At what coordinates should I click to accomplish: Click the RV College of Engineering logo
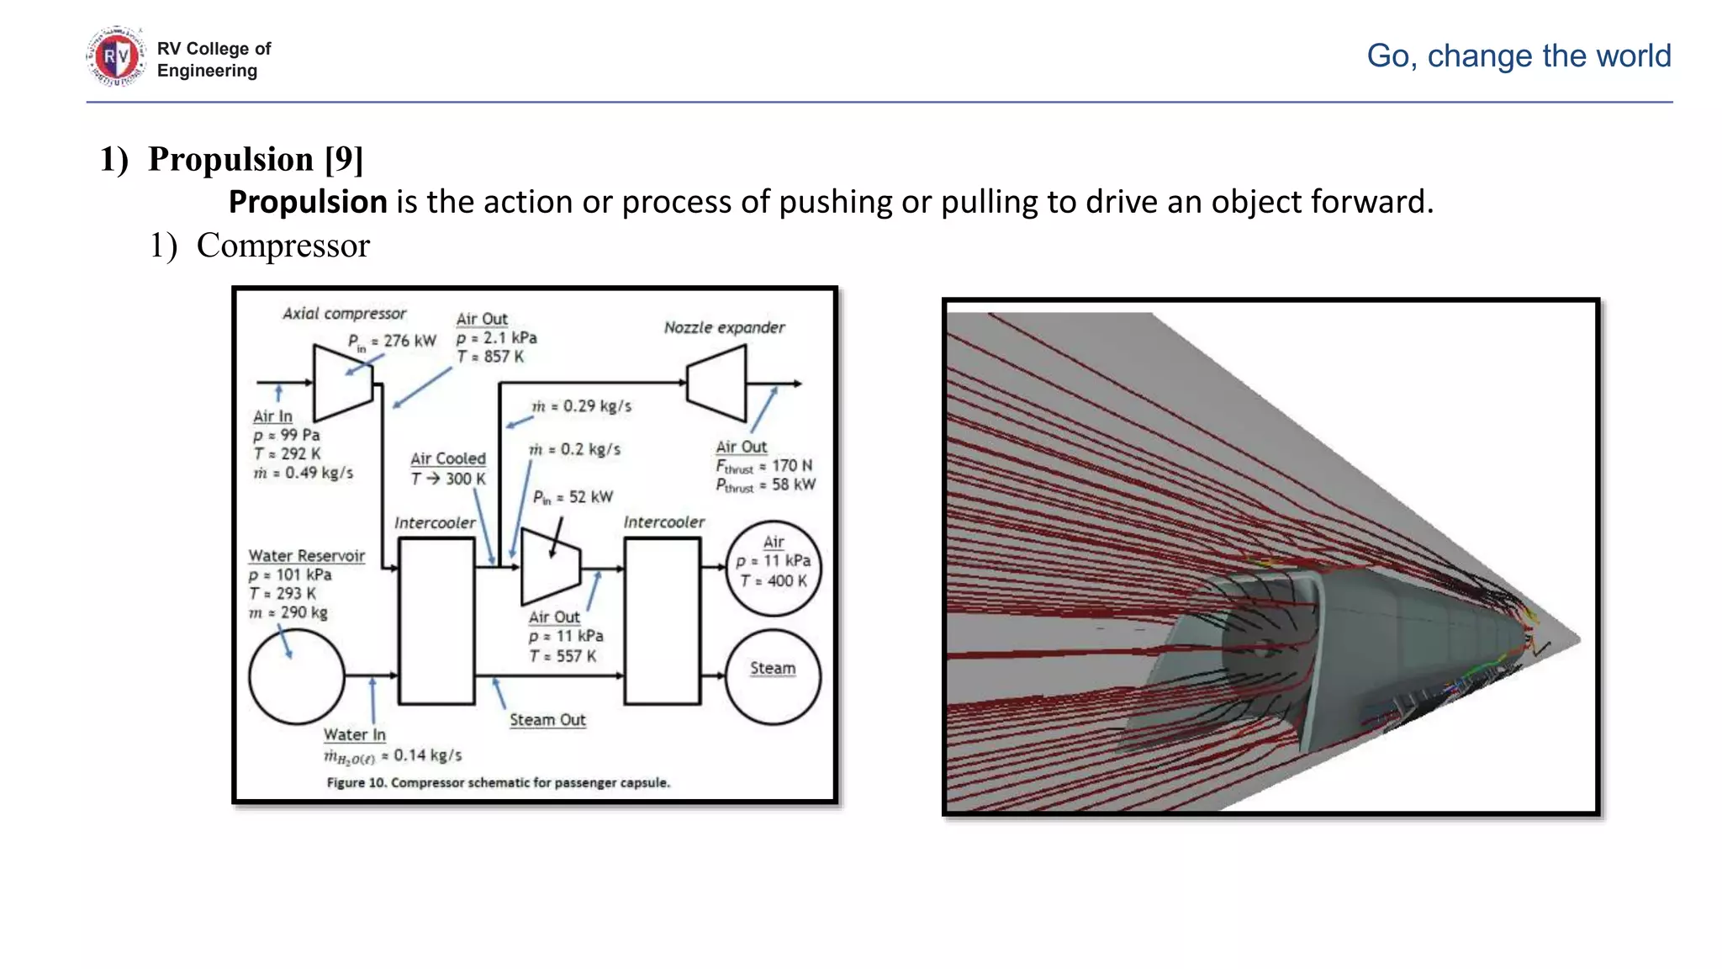point(116,57)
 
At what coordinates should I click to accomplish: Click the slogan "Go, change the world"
point(1518,56)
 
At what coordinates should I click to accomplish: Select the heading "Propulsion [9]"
point(255,159)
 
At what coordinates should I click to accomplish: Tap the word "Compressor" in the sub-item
point(283,246)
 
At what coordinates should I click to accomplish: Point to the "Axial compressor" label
point(344,314)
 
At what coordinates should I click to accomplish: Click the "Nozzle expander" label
point(724,327)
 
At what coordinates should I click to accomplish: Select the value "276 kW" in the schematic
point(409,341)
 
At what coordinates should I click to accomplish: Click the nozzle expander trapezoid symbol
point(717,383)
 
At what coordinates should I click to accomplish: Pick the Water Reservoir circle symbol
point(297,676)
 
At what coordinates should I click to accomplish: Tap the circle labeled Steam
point(773,676)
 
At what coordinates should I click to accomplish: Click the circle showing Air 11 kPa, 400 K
point(773,568)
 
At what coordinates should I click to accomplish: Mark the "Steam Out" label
point(547,720)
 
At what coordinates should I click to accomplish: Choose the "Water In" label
point(355,734)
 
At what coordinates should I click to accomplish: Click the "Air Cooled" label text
point(448,458)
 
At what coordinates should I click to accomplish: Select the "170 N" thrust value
point(791,465)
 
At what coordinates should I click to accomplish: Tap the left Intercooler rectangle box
point(436,621)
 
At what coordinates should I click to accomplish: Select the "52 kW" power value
point(590,497)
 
